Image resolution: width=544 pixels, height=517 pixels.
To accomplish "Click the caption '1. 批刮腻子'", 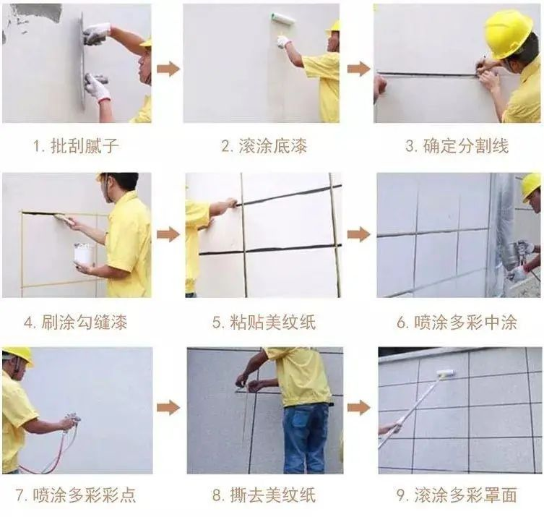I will point(76,145).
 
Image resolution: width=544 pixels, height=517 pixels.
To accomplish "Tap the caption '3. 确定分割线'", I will point(456,145).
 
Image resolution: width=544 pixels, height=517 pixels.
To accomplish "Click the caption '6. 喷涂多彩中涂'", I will point(456,322).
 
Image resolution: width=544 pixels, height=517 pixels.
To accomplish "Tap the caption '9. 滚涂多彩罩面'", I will point(456,495).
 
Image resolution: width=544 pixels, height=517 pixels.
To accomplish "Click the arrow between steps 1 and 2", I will point(168,69).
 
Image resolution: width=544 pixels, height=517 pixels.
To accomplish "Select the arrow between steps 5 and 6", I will point(358,234).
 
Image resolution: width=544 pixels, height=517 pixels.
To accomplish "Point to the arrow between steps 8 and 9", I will point(358,407).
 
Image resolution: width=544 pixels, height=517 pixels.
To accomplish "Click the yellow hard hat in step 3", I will point(508,33).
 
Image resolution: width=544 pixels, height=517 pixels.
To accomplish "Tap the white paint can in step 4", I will point(83,254).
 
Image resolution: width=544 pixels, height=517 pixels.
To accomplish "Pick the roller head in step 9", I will point(445,373).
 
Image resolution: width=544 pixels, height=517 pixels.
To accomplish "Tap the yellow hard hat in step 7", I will point(17,354).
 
